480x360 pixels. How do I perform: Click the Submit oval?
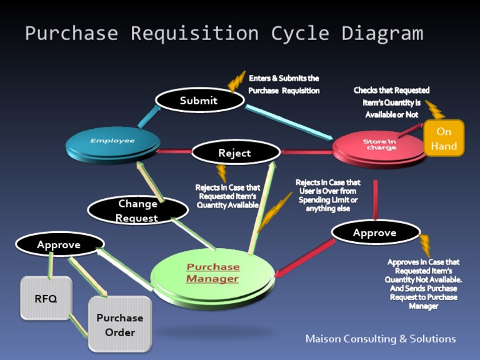click(199, 100)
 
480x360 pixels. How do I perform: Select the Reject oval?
click(236, 152)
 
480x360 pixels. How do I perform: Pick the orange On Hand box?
click(444, 138)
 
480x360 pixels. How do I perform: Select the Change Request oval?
click(137, 211)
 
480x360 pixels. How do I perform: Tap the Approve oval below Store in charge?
click(374, 232)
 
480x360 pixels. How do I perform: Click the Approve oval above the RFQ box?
click(59, 244)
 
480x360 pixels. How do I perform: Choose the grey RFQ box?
click(46, 298)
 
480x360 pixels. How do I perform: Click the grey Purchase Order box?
click(119, 324)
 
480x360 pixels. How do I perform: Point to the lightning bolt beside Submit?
click(236, 81)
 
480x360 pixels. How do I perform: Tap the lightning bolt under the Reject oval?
click(221, 172)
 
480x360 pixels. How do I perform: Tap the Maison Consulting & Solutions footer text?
click(380, 339)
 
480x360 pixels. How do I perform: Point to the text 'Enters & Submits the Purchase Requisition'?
click(284, 84)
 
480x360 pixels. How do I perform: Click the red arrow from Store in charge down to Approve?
click(375, 199)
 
